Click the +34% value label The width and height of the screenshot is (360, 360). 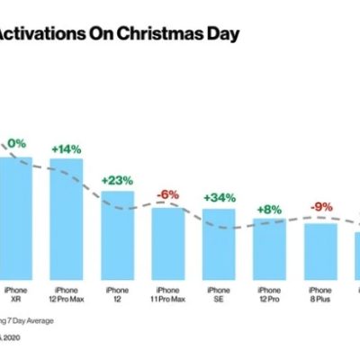coord(219,197)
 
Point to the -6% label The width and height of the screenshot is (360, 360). coord(167,194)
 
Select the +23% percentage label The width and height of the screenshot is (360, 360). coord(117,180)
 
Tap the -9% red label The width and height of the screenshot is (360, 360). coord(320,207)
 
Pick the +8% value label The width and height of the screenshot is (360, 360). coord(269,208)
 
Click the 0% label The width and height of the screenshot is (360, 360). coord(16,143)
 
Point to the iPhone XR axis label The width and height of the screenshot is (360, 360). coord(16,295)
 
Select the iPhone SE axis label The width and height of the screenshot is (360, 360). coord(219,295)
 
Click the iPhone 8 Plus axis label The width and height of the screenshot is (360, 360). coord(320,295)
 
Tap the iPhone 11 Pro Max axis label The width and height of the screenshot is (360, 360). coord(167,295)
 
